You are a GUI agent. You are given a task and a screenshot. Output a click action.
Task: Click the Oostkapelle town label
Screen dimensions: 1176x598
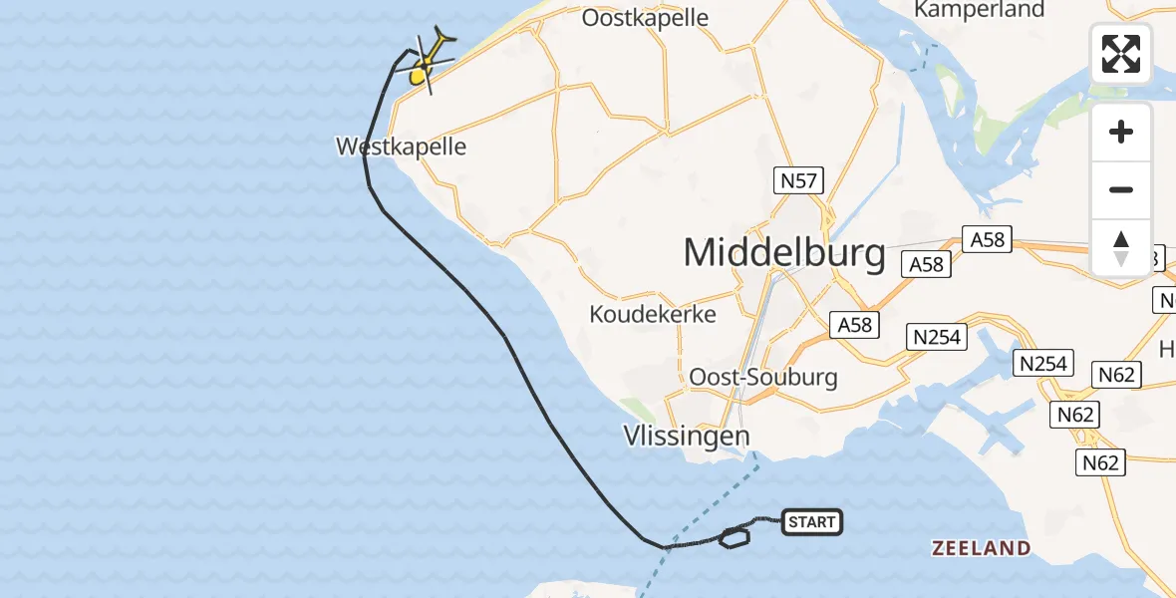point(645,18)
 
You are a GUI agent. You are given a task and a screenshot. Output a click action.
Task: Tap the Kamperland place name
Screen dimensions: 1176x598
point(980,10)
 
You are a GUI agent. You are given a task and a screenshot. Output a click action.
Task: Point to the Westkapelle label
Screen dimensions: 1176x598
point(401,148)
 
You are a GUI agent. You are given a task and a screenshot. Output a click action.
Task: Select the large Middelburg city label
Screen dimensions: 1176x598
point(784,253)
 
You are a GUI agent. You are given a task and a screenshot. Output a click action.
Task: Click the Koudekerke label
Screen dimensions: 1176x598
point(653,314)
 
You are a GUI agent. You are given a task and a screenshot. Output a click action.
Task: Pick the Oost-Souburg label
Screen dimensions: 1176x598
point(763,378)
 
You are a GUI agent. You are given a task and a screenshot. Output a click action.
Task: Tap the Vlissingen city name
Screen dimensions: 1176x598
point(687,436)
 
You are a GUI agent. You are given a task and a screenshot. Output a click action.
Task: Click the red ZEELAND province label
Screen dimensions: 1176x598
point(981,548)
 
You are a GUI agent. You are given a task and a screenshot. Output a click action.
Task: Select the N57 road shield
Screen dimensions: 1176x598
point(798,180)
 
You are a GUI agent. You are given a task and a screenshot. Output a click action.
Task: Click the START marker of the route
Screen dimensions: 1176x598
point(812,522)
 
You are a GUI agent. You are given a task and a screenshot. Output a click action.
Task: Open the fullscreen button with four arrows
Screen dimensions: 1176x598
point(1121,54)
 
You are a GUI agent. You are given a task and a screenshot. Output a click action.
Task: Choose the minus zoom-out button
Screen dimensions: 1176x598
point(1121,190)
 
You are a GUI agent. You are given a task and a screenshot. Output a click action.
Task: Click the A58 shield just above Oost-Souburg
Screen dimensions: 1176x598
point(854,325)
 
